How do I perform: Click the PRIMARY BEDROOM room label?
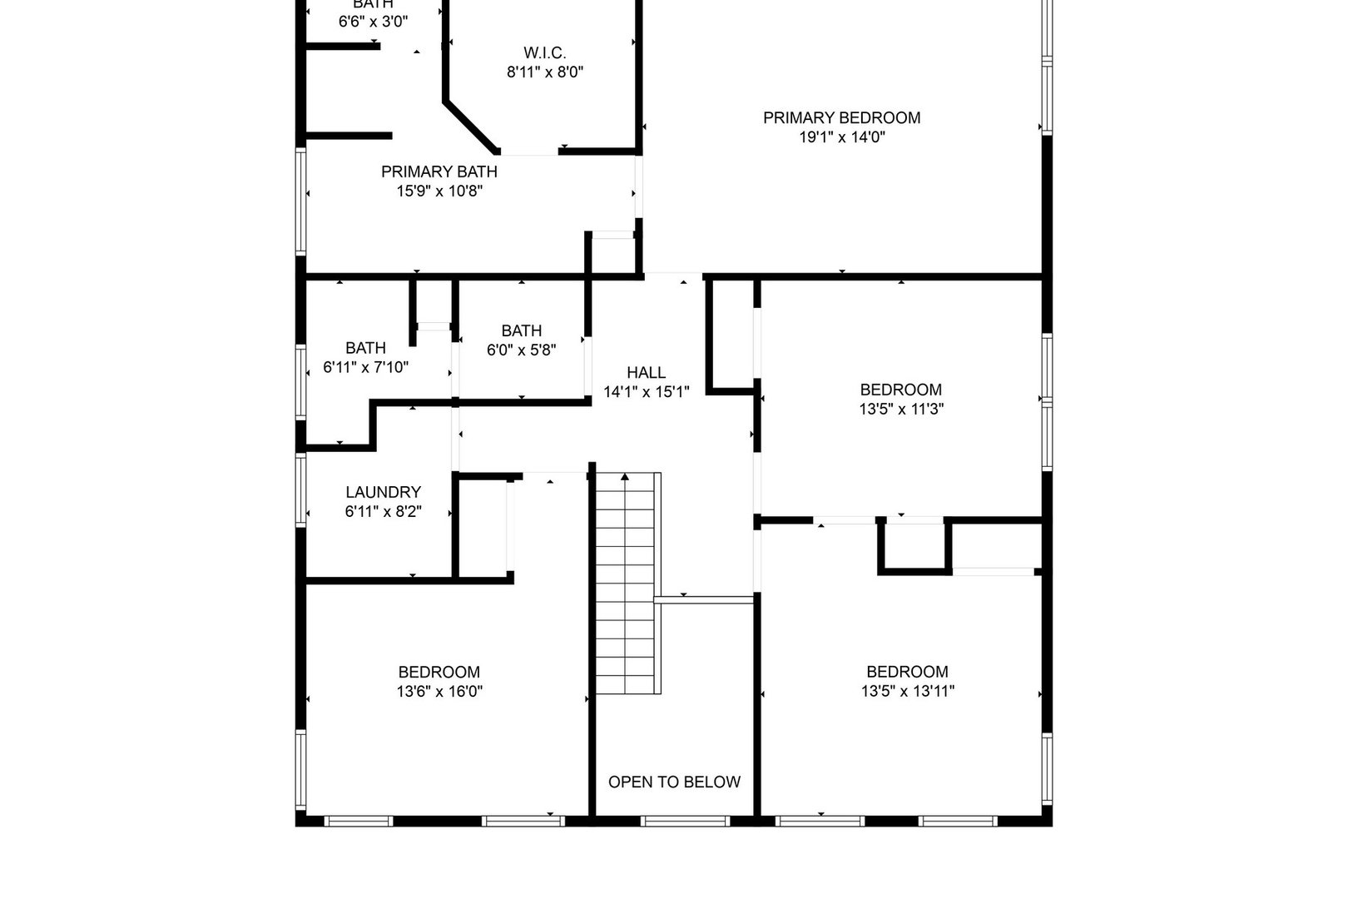click(841, 117)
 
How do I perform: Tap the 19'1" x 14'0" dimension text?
click(841, 137)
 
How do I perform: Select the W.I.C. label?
click(545, 52)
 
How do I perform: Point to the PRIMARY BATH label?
click(439, 171)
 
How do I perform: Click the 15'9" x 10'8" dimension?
click(439, 191)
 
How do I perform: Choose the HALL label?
click(646, 372)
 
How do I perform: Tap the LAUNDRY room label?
click(383, 492)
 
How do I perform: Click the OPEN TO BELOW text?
click(674, 782)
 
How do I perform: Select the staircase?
click(626, 583)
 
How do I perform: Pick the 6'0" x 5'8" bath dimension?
click(522, 350)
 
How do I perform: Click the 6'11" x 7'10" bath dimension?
click(365, 367)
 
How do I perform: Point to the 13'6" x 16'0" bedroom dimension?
click(439, 691)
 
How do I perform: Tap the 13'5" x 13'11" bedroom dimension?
click(907, 691)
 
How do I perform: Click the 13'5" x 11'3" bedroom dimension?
click(901, 410)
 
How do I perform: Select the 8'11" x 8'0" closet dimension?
click(545, 72)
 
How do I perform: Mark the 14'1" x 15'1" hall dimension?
click(646, 392)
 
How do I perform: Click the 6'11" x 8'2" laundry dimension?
click(383, 512)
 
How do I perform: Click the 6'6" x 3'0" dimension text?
click(373, 22)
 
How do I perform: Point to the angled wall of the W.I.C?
click(470, 127)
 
